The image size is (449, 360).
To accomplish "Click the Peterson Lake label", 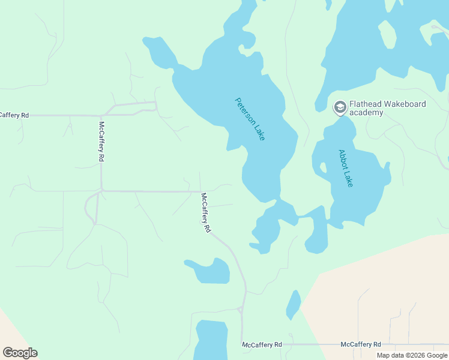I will (x=250, y=119).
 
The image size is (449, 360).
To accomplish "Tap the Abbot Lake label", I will (x=345, y=168).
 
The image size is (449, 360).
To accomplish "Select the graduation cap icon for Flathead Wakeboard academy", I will (x=340, y=107).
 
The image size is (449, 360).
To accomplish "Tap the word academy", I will (x=366, y=112).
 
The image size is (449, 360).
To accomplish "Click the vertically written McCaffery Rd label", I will (x=101, y=141).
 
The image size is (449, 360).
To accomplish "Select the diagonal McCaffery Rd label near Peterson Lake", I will (x=206, y=213).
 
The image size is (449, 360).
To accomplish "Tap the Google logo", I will (x=20, y=353).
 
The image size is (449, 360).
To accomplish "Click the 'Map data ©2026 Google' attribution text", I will (x=412, y=355).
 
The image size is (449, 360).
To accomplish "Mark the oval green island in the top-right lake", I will (x=387, y=35).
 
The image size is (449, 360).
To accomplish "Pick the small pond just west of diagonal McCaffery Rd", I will (x=209, y=271).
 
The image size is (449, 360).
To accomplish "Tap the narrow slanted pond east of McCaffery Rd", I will (x=293, y=305).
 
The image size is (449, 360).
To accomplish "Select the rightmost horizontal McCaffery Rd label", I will (x=361, y=344).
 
